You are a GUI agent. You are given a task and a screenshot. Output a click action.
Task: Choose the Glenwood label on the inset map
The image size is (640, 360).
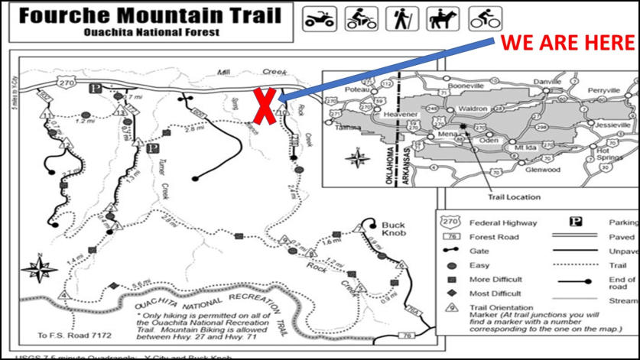click(543, 169)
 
